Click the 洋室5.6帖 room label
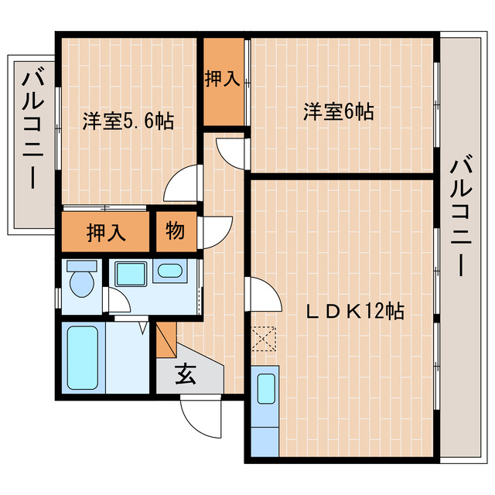(x=128, y=120)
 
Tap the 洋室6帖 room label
(x=338, y=112)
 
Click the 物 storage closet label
(x=175, y=230)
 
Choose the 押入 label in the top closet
(x=223, y=78)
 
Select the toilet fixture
(x=80, y=281)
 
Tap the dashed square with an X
(x=264, y=338)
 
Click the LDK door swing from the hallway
(x=263, y=294)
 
